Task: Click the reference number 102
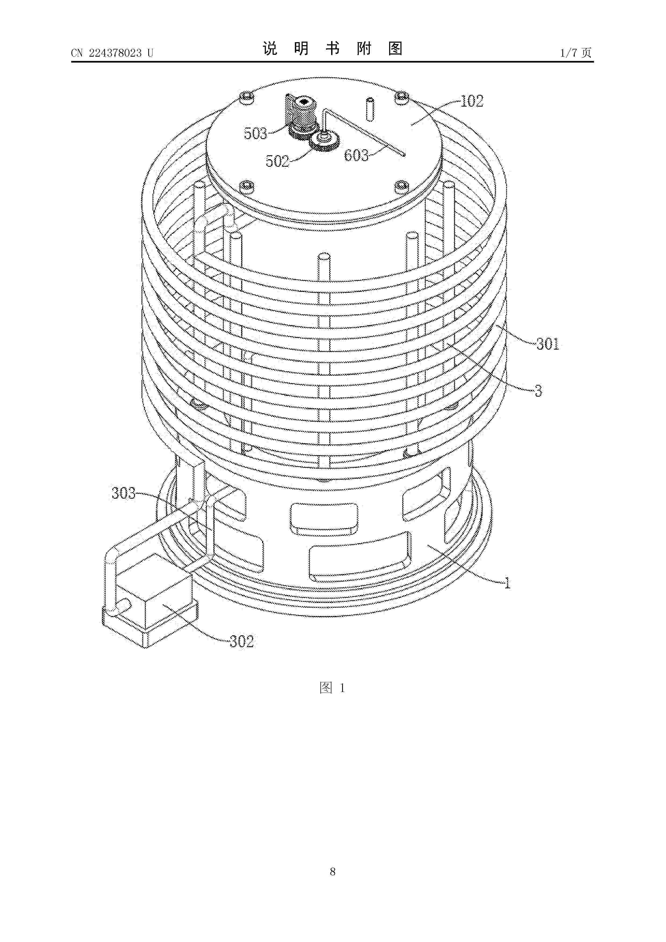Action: click(472, 101)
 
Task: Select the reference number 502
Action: click(277, 161)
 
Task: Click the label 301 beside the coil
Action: click(548, 344)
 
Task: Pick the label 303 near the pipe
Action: click(124, 493)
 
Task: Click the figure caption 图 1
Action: click(332, 688)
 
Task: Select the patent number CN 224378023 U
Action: click(112, 53)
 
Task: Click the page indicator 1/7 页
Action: click(576, 53)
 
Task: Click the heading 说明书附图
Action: click(332, 49)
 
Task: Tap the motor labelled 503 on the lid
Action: click(301, 115)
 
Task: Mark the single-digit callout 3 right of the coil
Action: click(538, 391)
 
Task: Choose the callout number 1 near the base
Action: click(507, 583)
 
